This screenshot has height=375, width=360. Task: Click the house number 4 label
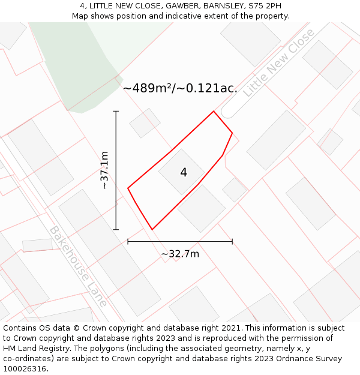pyautogui.click(x=184, y=173)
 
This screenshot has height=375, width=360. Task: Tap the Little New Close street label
pyautogui.click(x=278, y=62)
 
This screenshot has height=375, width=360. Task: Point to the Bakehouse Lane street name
pyautogui.click(x=78, y=266)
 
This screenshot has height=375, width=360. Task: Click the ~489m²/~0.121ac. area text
pyautogui.click(x=180, y=88)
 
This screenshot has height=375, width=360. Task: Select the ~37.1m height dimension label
pyautogui.click(x=104, y=170)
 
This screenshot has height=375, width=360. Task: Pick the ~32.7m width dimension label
pyautogui.click(x=180, y=254)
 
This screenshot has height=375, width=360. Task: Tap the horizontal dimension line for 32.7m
pyautogui.click(x=180, y=242)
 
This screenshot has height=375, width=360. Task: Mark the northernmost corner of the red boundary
pyautogui.click(x=214, y=111)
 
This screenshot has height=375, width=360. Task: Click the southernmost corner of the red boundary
pyautogui.click(x=152, y=229)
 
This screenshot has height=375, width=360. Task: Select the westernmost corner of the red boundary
pyautogui.click(x=128, y=188)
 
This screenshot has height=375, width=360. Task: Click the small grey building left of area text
pyautogui.click(x=145, y=123)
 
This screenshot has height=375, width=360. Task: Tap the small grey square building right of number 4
pyautogui.click(x=235, y=190)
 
